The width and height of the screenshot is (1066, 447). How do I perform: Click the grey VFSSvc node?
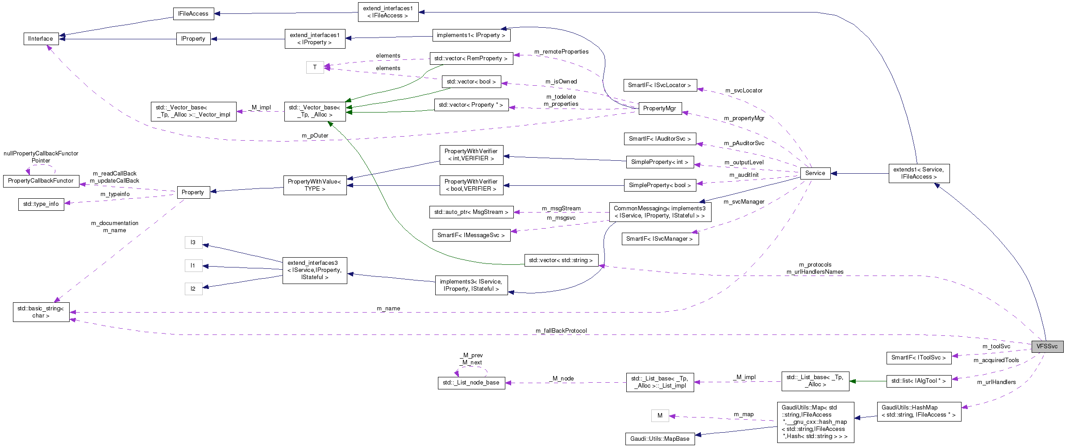tap(1047, 347)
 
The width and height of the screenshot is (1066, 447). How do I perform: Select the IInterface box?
tap(41, 39)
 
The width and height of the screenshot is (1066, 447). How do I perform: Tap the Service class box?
tap(815, 173)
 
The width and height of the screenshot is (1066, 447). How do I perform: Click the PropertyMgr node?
tap(660, 109)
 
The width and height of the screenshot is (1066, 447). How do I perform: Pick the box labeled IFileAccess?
tap(193, 14)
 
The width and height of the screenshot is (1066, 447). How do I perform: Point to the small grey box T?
tap(315, 67)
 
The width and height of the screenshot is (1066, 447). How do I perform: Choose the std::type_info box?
tap(41, 204)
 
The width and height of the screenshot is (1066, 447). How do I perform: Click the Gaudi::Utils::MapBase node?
tap(660, 439)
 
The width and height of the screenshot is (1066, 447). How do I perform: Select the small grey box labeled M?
tap(660, 416)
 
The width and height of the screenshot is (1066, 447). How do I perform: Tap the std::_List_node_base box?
tap(471, 383)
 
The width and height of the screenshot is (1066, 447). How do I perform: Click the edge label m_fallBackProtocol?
tap(561, 331)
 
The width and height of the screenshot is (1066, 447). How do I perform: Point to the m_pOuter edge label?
tap(315, 136)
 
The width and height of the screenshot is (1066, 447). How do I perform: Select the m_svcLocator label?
tap(744, 91)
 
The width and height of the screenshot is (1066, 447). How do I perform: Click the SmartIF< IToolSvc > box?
tap(918, 358)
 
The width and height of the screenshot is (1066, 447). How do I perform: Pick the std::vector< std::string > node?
tap(561, 260)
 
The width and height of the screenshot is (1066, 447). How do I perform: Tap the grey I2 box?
tap(193, 289)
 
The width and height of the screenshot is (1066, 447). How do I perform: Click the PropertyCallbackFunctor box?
tap(41, 181)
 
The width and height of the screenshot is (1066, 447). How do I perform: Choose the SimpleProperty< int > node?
tap(659, 162)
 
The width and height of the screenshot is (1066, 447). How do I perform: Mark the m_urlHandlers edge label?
tap(996, 382)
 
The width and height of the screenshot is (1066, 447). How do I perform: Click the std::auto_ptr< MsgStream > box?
tap(471, 212)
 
